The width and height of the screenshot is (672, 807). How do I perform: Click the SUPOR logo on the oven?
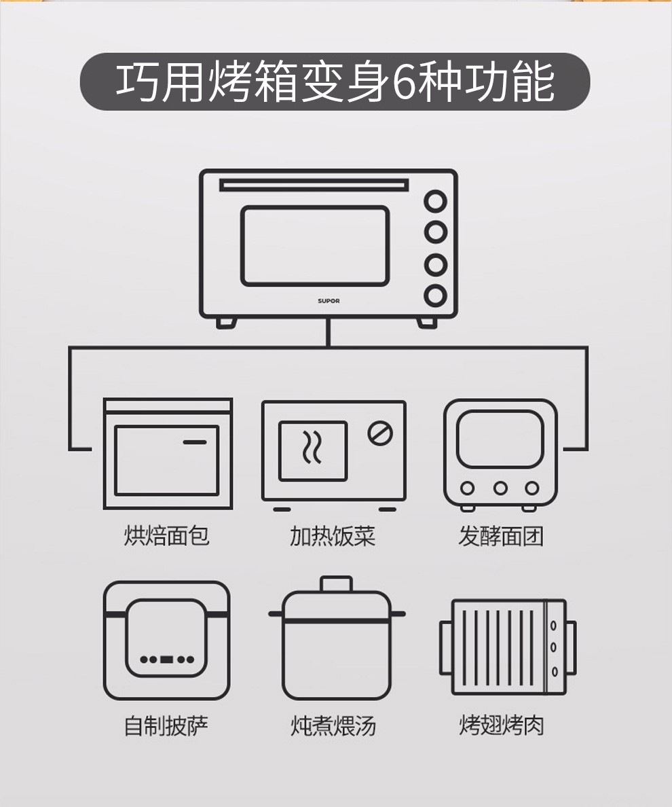click(x=329, y=301)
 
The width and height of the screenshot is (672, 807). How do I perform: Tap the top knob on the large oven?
click(x=436, y=201)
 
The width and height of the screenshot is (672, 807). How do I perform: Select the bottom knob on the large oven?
click(x=436, y=295)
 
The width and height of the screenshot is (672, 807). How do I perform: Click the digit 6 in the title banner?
click(x=404, y=82)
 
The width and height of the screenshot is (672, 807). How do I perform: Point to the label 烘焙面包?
click(x=166, y=535)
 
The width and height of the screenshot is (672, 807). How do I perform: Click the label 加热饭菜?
click(x=333, y=536)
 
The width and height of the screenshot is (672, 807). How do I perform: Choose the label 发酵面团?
click(x=501, y=536)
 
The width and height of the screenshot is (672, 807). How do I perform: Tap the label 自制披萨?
click(x=166, y=725)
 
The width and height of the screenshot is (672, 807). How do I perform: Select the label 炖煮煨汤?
click(x=333, y=725)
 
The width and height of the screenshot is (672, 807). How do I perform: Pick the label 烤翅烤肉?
click(x=502, y=725)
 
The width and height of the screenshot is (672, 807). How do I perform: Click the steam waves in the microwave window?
click(x=312, y=447)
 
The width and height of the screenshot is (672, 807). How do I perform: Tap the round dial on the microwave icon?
click(x=381, y=433)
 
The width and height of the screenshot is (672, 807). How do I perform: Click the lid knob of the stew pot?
click(x=336, y=584)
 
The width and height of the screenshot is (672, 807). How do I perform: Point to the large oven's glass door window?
click(x=315, y=246)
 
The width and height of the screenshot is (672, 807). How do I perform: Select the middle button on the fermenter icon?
click(x=500, y=488)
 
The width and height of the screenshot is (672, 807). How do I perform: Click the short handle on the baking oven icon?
click(x=195, y=442)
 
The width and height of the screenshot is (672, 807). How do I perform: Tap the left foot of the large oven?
click(x=226, y=323)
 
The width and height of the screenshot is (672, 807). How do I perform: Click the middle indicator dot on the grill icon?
click(x=554, y=647)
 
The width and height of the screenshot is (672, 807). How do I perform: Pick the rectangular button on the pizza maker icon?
click(x=166, y=660)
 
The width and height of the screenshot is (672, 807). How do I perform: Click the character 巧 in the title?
click(x=136, y=82)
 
